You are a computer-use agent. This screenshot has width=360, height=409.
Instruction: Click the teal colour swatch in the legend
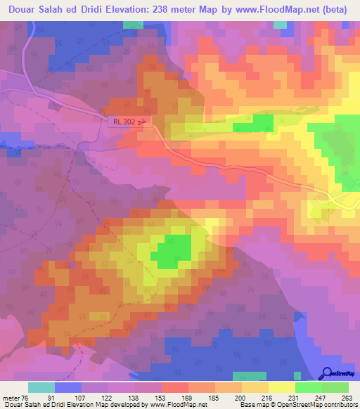(41, 387)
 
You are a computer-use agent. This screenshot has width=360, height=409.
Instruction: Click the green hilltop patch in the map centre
(173, 251)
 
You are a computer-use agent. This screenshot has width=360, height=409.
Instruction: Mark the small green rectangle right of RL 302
(253, 124)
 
